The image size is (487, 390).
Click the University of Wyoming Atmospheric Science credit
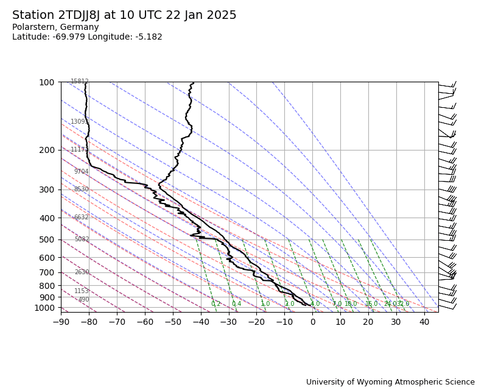(x=390, y=382)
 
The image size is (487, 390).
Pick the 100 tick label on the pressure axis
(x=47, y=82)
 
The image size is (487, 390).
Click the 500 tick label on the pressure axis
(x=47, y=239)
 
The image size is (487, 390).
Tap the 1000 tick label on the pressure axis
(x=44, y=308)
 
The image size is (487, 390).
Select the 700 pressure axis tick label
(x=47, y=272)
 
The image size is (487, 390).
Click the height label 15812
(x=80, y=82)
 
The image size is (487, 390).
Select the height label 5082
(x=82, y=239)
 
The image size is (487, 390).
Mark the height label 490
(x=83, y=300)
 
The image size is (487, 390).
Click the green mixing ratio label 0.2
(x=216, y=304)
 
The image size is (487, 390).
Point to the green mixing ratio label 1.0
(x=265, y=304)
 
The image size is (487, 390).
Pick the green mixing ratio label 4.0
(x=315, y=304)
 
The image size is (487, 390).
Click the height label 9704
(x=82, y=172)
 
